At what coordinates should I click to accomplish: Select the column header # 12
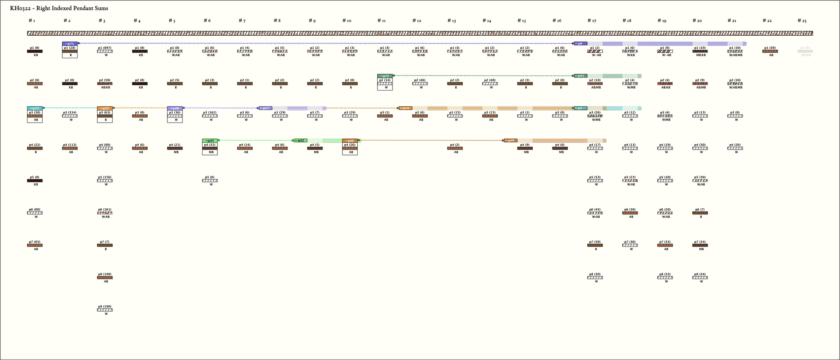click(417, 21)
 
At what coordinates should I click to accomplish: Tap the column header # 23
click(802, 21)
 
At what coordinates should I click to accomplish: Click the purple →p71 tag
click(70, 43)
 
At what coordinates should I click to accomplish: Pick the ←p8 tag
click(580, 43)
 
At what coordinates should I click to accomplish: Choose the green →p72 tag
click(385, 76)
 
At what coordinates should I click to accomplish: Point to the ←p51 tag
click(580, 76)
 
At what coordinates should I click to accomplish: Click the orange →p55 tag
click(105, 108)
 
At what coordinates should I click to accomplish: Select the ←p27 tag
click(265, 108)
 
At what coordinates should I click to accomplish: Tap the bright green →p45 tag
click(210, 141)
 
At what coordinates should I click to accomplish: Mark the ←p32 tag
click(301, 141)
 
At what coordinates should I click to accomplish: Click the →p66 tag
click(350, 141)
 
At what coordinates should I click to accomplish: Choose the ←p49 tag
click(511, 141)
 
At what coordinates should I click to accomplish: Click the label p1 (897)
click(105, 48)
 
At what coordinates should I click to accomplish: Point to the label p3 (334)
click(70, 112)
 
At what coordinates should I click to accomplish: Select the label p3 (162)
click(210, 112)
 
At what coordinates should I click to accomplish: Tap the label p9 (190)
click(105, 307)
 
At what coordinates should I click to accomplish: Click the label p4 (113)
click(70, 145)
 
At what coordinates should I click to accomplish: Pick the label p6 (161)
click(105, 210)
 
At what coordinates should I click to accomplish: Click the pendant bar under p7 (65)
click(35, 245)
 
